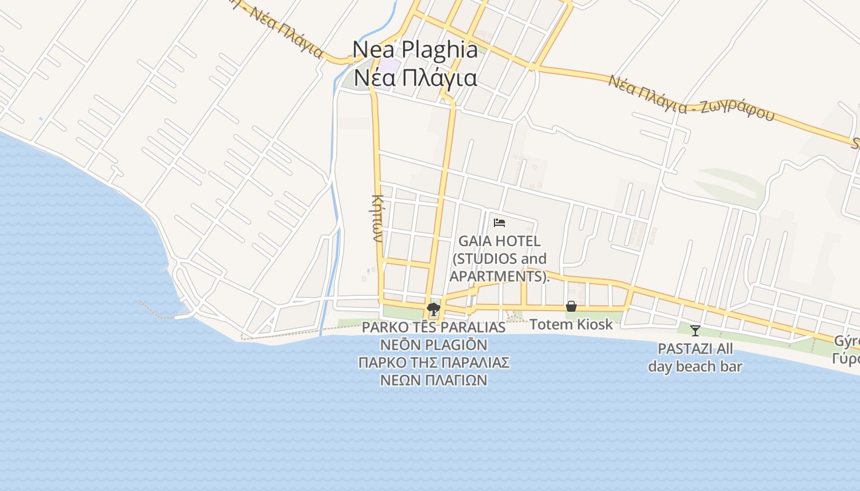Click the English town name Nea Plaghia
coord(415,50)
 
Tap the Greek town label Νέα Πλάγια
coord(415,78)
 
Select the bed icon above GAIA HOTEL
coord(499,222)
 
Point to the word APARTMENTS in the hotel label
coord(497,276)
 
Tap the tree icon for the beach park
coord(434,309)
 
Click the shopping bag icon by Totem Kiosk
coord(571,306)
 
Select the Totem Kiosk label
coord(571,324)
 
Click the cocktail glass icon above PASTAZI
coord(695,331)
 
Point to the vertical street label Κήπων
coord(378,218)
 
